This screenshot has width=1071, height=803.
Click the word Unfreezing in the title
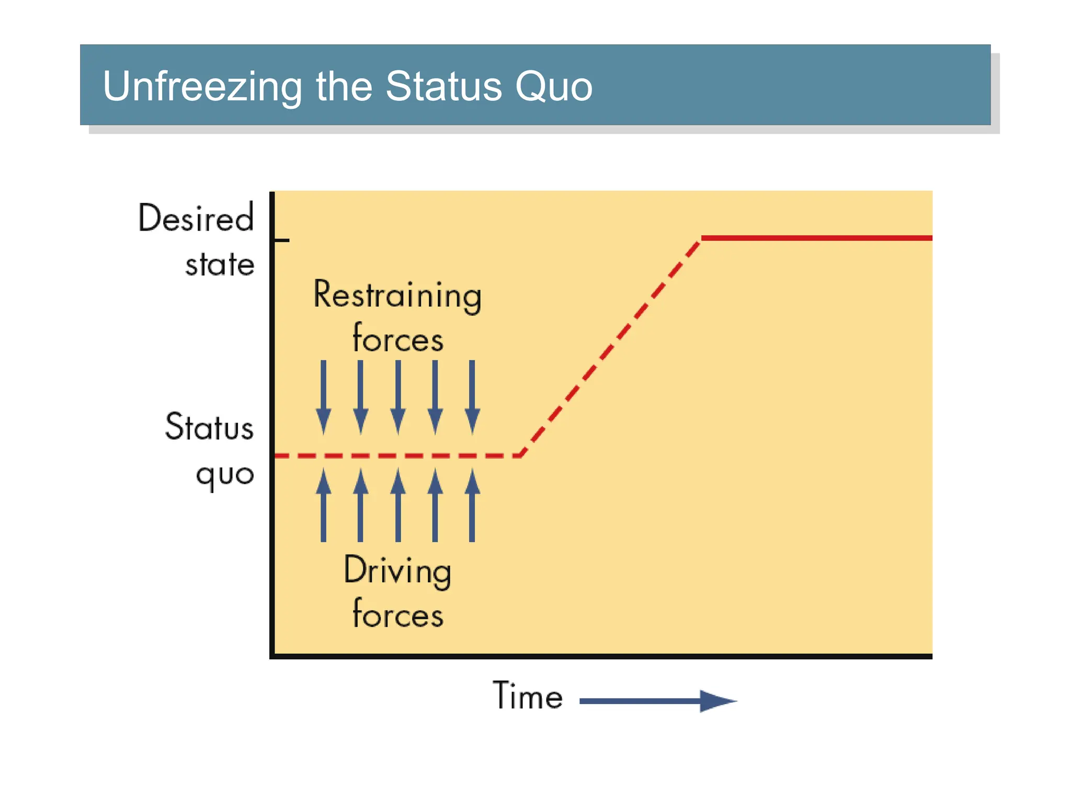[202, 86]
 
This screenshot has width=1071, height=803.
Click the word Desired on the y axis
[196, 218]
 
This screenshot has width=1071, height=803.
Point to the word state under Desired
[220, 265]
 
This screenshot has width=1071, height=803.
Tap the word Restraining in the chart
[397, 295]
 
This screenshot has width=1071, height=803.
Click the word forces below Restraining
[397, 339]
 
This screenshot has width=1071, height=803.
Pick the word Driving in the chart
[397, 570]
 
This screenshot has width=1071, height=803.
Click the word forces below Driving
[397, 614]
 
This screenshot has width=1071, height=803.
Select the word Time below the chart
[528, 696]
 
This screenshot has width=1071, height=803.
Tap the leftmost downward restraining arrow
[323, 397]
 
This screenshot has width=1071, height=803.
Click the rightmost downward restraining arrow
[472, 397]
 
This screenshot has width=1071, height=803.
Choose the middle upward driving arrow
[398, 504]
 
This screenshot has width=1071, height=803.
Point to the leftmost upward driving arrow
[323, 504]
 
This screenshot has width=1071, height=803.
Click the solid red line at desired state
[816, 238]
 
